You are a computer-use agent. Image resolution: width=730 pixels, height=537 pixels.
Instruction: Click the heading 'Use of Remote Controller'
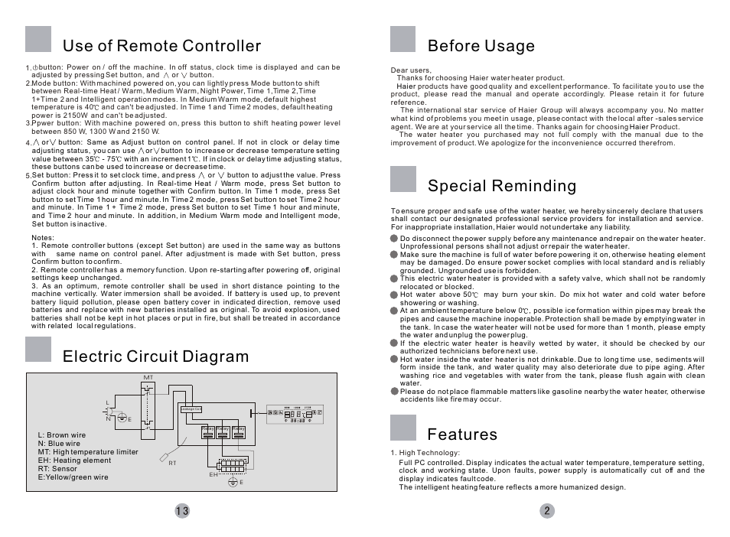pyautogui.click(x=161, y=46)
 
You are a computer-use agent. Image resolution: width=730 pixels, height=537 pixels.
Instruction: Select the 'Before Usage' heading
pyautogui.click(x=481, y=46)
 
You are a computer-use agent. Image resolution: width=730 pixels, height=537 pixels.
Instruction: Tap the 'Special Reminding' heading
pyautogui.click(x=502, y=186)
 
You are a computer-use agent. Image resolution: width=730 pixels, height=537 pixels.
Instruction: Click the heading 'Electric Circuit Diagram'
pyautogui.click(x=155, y=356)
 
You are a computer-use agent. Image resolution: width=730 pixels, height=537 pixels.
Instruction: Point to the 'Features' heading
pyautogui.click(x=462, y=434)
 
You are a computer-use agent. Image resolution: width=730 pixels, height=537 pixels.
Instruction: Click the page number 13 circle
pyautogui.click(x=181, y=511)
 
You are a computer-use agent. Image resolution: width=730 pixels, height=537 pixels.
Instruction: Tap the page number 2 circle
pyautogui.click(x=546, y=511)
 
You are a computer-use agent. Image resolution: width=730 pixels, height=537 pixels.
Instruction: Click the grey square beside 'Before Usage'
pyautogui.click(x=402, y=39)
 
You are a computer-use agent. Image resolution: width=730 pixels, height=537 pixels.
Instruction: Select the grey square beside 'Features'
pyautogui.click(x=402, y=428)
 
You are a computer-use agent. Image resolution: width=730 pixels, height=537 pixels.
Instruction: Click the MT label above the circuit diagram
pyautogui.click(x=148, y=378)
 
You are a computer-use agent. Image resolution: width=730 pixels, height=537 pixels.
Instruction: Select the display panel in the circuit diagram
pyautogui.click(x=295, y=414)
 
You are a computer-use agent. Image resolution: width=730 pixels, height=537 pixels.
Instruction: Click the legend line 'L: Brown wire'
pyautogui.click(x=61, y=435)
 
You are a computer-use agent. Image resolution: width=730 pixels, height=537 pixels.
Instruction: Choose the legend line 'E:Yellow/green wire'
pyautogui.click(x=73, y=477)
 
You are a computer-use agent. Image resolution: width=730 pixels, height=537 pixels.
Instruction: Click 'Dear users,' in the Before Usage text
pyautogui.click(x=411, y=70)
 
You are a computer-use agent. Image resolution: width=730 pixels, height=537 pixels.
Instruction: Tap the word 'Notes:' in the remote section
pyautogui.click(x=43, y=237)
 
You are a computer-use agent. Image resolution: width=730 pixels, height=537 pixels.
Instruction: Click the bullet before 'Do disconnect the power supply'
pyautogui.click(x=394, y=239)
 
